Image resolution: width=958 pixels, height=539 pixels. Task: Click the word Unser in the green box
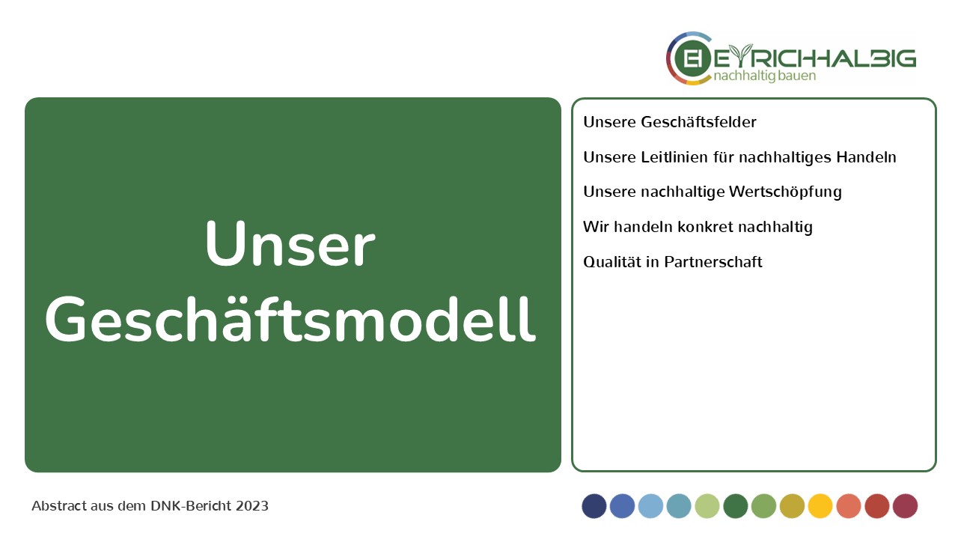290,244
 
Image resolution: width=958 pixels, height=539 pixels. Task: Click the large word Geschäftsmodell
290,319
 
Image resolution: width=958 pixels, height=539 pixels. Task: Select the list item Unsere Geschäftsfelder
670,122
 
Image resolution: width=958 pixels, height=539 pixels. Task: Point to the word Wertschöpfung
785,192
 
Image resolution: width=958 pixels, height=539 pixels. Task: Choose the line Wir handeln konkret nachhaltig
698,227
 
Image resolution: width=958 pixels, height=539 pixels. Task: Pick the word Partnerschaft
713,262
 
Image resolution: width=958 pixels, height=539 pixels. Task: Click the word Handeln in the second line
866,157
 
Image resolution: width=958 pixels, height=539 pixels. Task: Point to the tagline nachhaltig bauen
765,76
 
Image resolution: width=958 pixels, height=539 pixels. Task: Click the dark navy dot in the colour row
594,506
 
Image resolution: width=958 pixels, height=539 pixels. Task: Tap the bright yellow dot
820,506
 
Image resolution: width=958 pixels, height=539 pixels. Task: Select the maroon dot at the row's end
905,506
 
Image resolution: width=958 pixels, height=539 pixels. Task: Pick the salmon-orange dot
849,506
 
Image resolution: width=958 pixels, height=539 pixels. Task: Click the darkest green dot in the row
736,506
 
